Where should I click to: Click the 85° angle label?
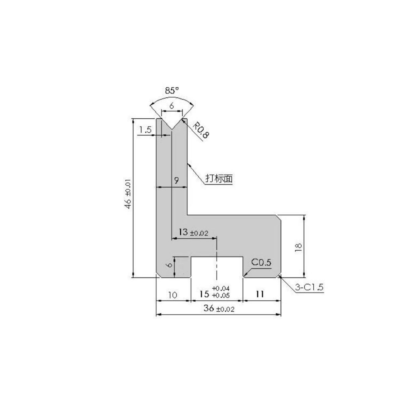click(x=172, y=90)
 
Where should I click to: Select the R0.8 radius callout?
click(x=201, y=131)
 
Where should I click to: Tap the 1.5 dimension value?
click(x=145, y=130)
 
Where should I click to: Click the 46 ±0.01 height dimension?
click(x=128, y=194)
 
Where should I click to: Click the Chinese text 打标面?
click(x=219, y=179)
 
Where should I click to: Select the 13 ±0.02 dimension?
click(x=193, y=232)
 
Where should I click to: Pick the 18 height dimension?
click(x=299, y=247)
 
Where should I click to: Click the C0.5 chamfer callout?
click(x=261, y=263)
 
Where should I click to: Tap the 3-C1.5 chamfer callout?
click(x=309, y=288)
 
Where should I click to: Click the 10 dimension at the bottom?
click(x=173, y=295)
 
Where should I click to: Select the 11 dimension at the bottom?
click(x=260, y=294)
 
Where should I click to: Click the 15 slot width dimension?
click(x=205, y=294)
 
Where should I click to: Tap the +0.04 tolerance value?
click(x=221, y=288)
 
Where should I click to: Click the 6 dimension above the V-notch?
click(x=171, y=106)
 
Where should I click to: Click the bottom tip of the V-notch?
click(x=172, y=129)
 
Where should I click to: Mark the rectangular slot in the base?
click(x=217, y=267)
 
